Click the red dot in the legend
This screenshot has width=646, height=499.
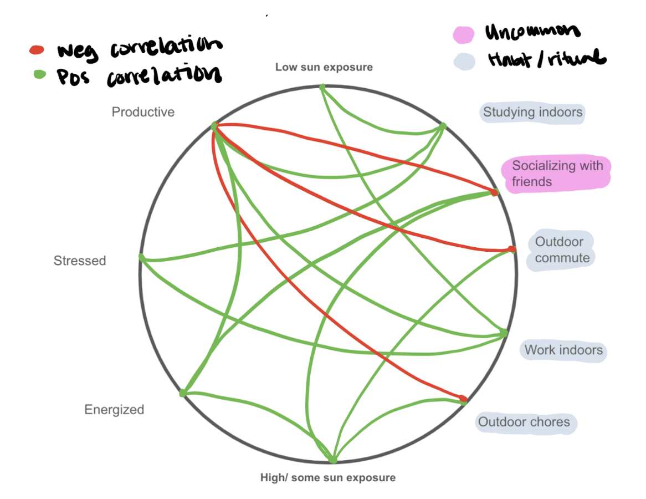[x=36, y=50]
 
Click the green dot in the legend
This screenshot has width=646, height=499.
[x=39, y=74]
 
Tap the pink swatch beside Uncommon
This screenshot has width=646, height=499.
[x=463, y=34]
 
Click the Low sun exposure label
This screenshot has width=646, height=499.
[x=324, y=67]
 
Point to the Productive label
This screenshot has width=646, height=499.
[x=143, y=112]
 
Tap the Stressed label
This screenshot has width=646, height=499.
[x=80, y=261]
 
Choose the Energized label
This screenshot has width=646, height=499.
[x=114, y=410]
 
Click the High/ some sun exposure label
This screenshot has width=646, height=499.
[x=328, y=477]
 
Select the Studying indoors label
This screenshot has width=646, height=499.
[x=532, y=113]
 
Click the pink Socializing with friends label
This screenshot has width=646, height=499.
[x=556, y=173]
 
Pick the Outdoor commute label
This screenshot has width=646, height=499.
[x=559, y=249]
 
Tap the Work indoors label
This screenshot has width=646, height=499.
[x=563, y=350]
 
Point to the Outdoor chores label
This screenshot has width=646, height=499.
[x=524, y=422]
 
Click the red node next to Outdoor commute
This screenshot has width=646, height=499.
[x=512, y=249]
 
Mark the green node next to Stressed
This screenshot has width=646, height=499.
[x=142, y=258]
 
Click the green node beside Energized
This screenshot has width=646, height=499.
[x=183, y=393]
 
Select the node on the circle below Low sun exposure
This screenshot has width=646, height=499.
[x=322, y=87]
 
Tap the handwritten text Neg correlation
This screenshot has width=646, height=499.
[x=139, y=49]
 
